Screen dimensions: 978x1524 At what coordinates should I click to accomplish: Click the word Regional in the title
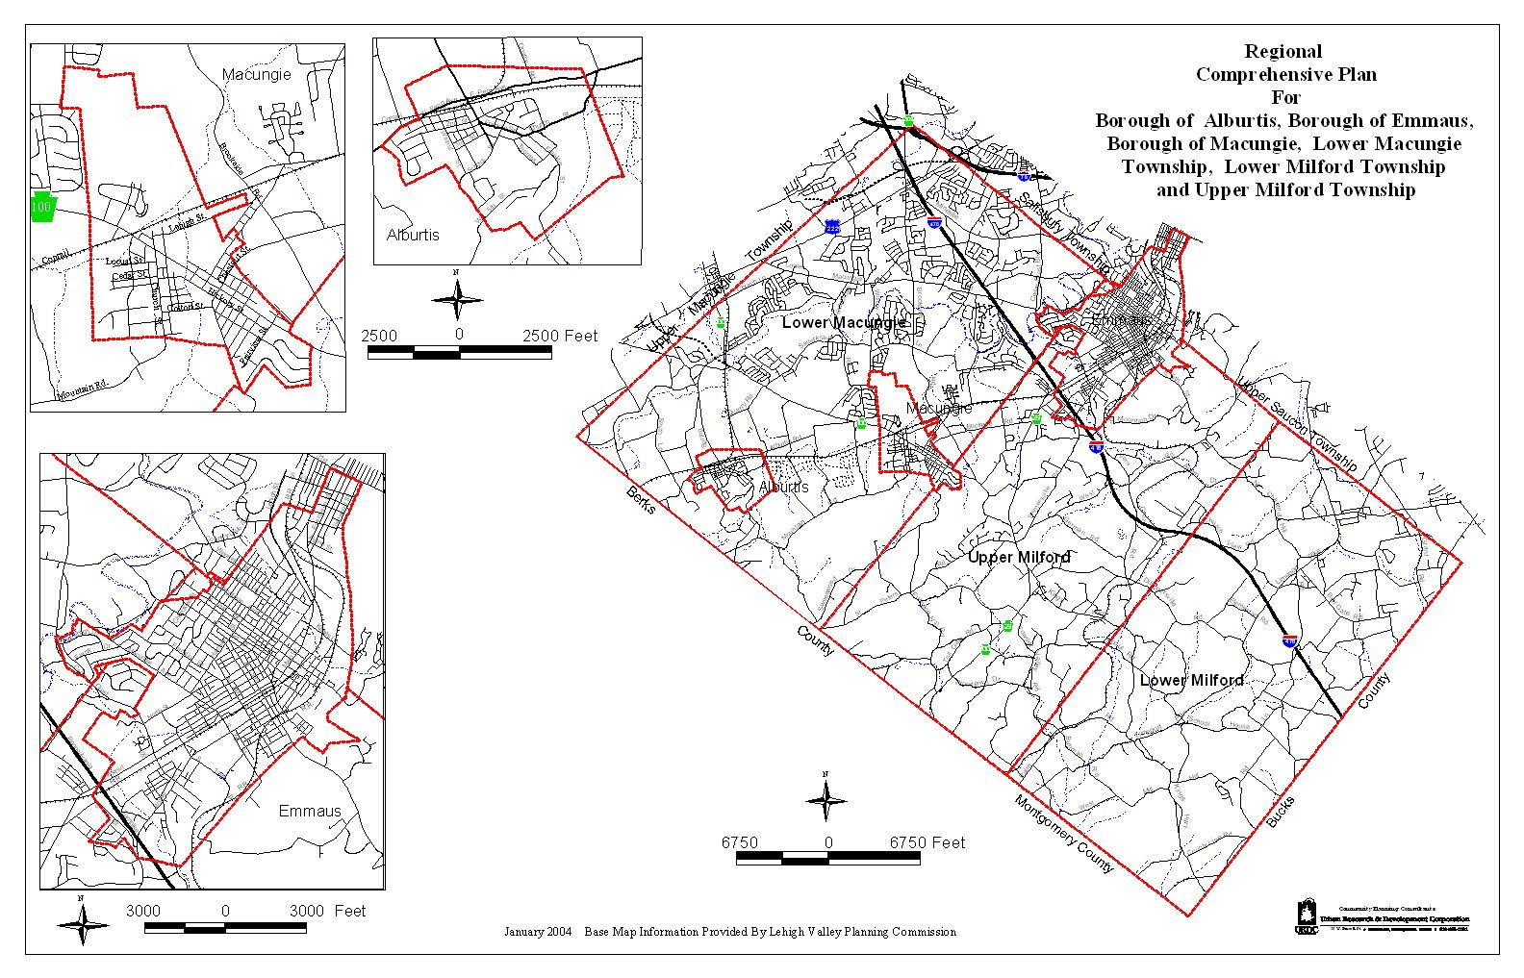pos(1283,52)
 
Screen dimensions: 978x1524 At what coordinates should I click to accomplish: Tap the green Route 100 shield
pos(41,208)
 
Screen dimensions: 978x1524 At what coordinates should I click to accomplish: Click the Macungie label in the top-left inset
pos(256,74)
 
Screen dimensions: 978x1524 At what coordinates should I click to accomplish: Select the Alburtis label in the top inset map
pos(413,235)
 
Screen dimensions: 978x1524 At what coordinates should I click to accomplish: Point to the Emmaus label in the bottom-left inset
pos(310,811)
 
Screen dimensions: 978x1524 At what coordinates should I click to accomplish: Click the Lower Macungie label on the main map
pos(844,322)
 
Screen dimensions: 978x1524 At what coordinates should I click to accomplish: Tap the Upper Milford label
pos(1019,557)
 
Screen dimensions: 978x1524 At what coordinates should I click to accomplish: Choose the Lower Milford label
pos(1191,680)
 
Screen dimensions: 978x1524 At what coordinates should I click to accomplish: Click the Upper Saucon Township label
pos(1297,423)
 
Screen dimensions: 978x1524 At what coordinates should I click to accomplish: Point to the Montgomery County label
pos(1063,835)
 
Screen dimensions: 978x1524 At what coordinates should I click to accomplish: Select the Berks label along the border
pos(641,500)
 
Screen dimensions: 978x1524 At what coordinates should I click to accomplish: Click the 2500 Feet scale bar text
pos(559,336)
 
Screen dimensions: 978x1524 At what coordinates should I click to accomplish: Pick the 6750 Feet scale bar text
pos(927,842)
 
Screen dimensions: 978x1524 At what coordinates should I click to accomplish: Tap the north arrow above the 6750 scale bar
pos(825,799)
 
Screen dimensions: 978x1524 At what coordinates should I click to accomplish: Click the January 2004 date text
pos(538,932)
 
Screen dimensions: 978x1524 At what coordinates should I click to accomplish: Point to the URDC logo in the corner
pos(1306,915)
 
